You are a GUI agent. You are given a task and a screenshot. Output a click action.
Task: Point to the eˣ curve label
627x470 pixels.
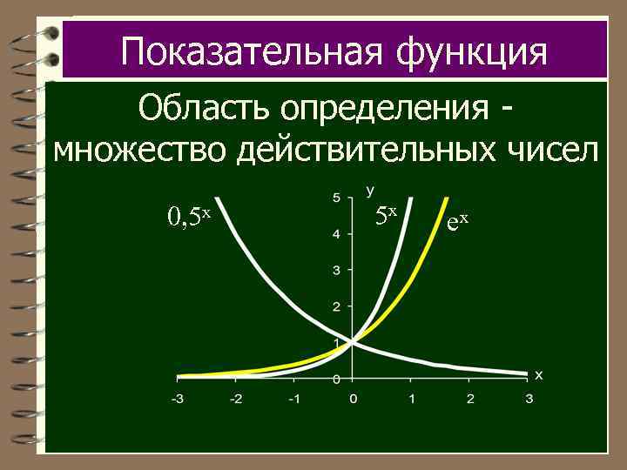[457, 222]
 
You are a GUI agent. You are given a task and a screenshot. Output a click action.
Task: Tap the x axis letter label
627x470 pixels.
[538, 375]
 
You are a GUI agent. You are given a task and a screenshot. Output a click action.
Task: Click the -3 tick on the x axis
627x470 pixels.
[176, 399]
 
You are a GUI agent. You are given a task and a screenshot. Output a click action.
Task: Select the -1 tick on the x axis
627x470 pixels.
[293, 399]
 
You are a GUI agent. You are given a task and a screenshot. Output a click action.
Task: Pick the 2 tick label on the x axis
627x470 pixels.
[470, 399]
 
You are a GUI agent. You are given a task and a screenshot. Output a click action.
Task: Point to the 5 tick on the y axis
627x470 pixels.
[336, 198]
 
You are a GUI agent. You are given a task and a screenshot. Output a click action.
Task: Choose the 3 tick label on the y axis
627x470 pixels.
[336, 270]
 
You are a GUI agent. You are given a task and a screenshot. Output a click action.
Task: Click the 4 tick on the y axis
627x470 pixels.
[336, 234]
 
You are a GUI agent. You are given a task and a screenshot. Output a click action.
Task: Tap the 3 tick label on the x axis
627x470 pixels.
[529, 399]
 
